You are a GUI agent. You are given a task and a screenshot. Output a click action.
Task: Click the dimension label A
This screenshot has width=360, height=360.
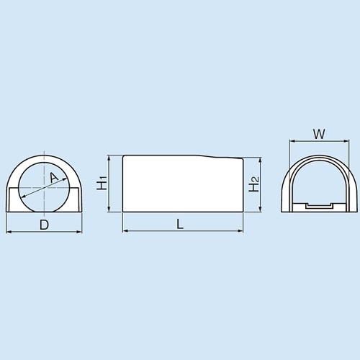[53, 178]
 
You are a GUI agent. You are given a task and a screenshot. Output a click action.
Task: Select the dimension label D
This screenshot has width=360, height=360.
[44, 224]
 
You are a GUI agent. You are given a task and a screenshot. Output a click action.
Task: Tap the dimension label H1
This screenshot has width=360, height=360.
[102, 184]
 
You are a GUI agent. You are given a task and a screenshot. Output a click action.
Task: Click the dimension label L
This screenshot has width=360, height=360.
[180, 224]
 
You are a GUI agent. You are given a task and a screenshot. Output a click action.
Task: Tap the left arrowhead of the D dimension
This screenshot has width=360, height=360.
[9, 232]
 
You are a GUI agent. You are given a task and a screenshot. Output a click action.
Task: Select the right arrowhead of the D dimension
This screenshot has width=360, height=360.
[78, 232]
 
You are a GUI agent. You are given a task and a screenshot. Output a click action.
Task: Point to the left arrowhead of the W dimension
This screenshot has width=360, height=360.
[290, 140]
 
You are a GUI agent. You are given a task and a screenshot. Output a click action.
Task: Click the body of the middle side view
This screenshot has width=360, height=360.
[180, 186]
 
